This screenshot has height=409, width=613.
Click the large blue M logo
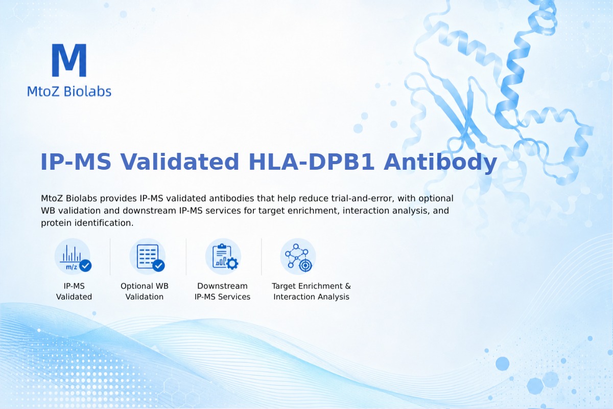[69, 60]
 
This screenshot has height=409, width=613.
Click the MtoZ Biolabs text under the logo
[69, 91]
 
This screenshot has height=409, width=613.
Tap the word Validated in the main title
[180, 162]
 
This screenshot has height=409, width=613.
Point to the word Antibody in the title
[440, 163]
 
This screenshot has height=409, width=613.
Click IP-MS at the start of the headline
[76, 162]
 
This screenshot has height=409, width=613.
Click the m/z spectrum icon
[73, 257]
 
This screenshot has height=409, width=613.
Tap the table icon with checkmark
[148, 257]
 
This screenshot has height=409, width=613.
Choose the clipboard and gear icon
[223, 257]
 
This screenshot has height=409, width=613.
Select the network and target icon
[298, 257]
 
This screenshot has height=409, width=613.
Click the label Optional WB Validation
[145, 291]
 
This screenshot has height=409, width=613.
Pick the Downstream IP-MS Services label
[223, 291]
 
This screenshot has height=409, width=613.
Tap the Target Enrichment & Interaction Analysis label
[312, 291]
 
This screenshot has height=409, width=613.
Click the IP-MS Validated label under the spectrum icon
[74, 291]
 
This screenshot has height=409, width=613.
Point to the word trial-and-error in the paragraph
[363, 198]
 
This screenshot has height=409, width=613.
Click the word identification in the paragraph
[104, 223]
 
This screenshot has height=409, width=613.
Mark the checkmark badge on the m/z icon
[85, 265]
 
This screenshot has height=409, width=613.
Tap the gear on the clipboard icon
[232, 263]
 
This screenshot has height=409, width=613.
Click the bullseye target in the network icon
[305, 265]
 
